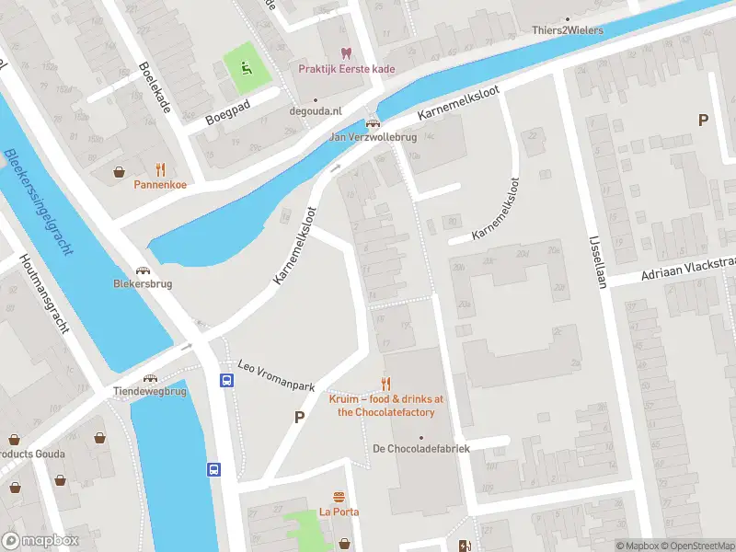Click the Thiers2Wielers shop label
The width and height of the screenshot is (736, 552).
pos(568,30)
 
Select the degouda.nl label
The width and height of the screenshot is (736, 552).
pos(316,110)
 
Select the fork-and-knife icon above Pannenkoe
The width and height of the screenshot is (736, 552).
pos(160,169)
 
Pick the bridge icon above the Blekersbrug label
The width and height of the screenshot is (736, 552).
pos(142,270)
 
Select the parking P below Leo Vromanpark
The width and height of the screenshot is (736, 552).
pos(298,418)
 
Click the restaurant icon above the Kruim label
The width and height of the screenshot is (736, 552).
pos(385,384)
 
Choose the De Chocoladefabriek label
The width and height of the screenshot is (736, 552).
pos(420,448)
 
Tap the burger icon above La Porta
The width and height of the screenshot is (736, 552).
pos(339,497)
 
